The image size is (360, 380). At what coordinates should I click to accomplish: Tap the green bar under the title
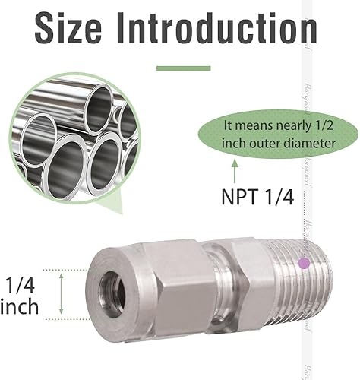tap(183, 68)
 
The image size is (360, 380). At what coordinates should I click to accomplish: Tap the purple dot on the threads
tap(304, 264)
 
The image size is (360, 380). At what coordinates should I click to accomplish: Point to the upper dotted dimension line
tap(68, 269)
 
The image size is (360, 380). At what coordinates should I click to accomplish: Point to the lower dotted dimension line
tap(68, 318)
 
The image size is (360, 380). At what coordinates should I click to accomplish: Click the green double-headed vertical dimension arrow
tap(60, 294)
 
